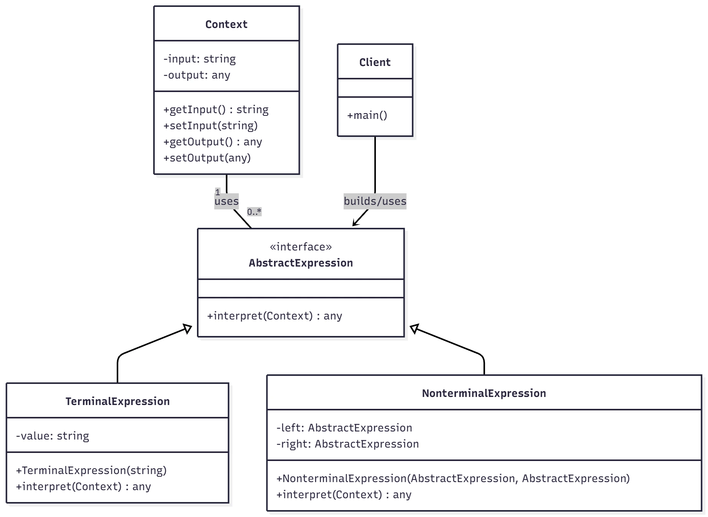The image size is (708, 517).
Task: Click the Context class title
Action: tap(226, 24)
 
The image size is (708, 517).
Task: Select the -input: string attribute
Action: tap(199, 59)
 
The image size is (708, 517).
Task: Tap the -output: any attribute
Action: tap(197, 75)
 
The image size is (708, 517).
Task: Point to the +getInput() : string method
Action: tap(216, 110)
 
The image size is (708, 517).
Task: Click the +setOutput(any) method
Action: tap(207, 158)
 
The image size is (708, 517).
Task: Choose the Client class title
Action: tap(375, 62)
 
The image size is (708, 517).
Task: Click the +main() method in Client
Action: tap(367, 115)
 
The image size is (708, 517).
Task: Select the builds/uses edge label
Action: tap(375, 201)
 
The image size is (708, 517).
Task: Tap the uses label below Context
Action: tap(227, 201)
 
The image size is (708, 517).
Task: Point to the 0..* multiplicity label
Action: tap(254, 212)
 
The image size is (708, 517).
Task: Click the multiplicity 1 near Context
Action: tap(218, 192)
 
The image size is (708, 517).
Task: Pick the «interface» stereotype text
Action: tap(301, 247)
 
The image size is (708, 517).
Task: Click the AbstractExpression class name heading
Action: tap(301, 263)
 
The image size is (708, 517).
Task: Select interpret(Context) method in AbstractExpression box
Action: tap(275, 316)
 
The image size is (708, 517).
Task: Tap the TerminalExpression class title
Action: tap(117, 402)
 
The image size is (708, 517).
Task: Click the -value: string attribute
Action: tap(53, 436)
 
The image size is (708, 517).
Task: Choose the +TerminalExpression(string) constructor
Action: tap(91, 471)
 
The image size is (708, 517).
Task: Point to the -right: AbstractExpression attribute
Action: tap(347, 444)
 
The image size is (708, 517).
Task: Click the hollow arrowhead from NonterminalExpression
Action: tap(414, 328)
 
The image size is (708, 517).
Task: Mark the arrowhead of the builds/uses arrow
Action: tap(354, 224)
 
